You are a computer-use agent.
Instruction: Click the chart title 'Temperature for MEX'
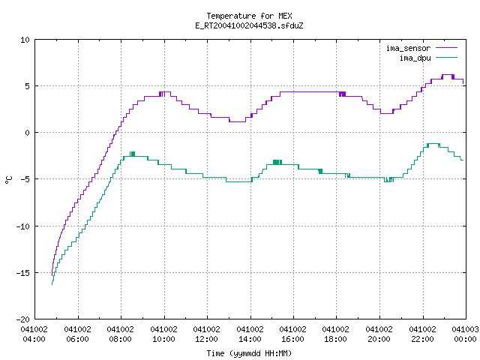(x=249, y=16)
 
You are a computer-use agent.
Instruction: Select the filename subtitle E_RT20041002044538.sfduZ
(x=249, y=25)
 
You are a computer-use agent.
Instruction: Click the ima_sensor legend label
(x=408, y=48)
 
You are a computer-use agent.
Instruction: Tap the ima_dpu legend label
(x=415, y=58)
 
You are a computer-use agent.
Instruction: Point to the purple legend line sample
(x=447, y=48)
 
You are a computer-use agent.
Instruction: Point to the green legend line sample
(x=447, y=58)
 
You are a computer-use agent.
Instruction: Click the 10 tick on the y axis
(x=25, y=40)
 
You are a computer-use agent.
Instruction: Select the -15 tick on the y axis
(x=23, y=273)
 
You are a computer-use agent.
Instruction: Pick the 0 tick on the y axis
(x=28, y=133)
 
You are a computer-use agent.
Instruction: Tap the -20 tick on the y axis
(x=23, y=319)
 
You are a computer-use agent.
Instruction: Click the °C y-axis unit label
(x=9, y=180)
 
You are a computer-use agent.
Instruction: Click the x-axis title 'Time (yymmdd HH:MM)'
(x=249, y=353)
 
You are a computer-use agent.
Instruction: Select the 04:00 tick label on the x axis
(x=34, y=339)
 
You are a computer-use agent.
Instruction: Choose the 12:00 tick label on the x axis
(x=207, y=339)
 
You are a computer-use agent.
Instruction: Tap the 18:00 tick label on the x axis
(x=335, y=339)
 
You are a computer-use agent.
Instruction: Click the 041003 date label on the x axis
(x=465, y=329)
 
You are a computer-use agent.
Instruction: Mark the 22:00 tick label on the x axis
(x=422, y=339)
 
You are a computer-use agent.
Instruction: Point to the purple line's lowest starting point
(x=52, y=275)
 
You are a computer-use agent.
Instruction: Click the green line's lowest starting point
(x=52, y=284)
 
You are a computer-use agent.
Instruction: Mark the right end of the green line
(x=463, y=160)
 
